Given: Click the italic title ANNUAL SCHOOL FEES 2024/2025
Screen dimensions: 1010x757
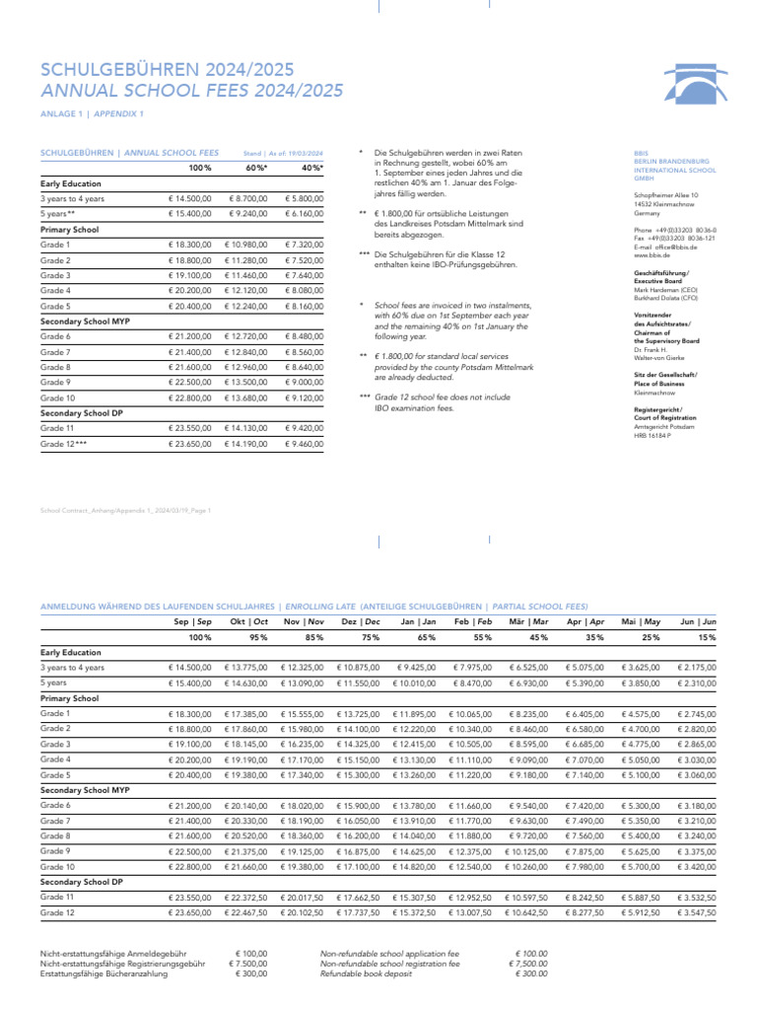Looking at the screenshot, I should tap(191, 91).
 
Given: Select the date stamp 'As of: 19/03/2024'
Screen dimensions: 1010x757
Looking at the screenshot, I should tap(283, 153).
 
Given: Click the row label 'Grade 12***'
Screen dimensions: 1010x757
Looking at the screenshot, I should tap(64, 444).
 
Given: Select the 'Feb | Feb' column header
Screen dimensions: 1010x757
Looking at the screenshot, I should tap(474, 622).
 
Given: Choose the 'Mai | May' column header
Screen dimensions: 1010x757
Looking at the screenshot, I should tap(641, 622).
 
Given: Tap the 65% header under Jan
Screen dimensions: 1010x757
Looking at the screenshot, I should tap(426, 638).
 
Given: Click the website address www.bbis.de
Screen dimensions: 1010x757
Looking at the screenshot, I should tap(651, 254).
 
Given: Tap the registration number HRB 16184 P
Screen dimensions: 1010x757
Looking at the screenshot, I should tap(653, 435).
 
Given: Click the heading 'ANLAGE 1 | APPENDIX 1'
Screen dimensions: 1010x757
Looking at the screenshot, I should tap(92, 114).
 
